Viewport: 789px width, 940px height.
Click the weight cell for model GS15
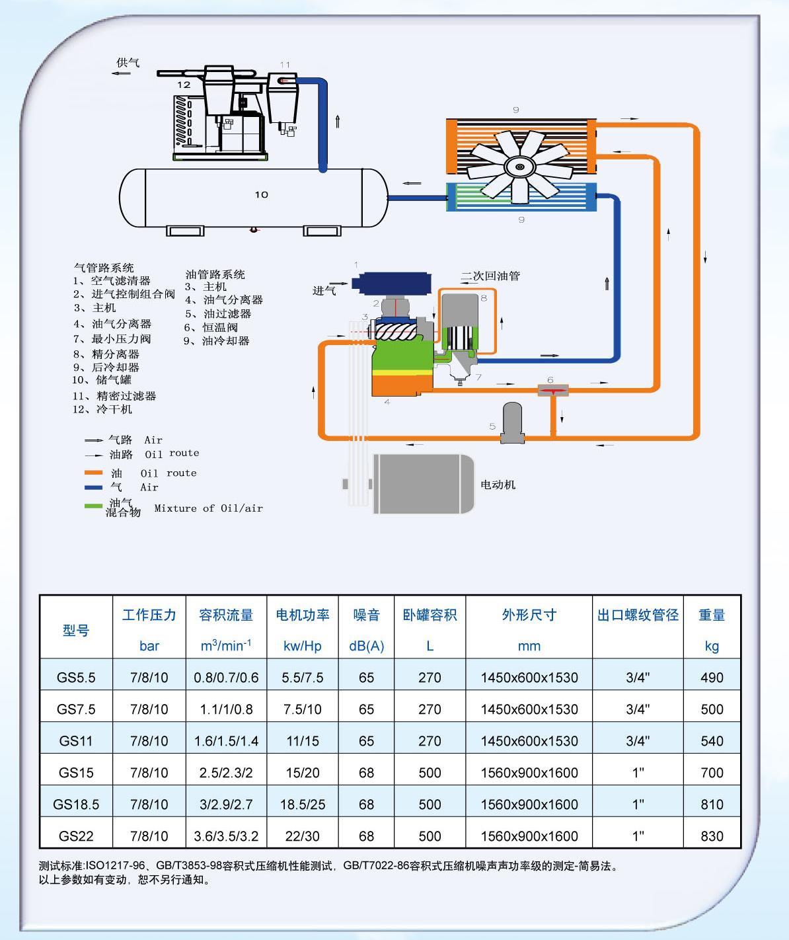tap(712, 773)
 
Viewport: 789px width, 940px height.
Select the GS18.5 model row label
tap(76, 804)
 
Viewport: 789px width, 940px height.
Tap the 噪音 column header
tap(366, 615)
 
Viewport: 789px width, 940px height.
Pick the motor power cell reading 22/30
tap(302, 836)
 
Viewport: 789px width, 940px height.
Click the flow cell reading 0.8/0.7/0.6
tap(226, 678)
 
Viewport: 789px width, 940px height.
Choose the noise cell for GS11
tap(366, 741)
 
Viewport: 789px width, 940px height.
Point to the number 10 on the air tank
tap(262, 195)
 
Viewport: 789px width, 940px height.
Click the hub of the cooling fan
tap(521, 165)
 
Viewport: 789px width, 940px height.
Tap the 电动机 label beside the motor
tap(498, 485)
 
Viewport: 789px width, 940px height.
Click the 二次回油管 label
tap(490, 276)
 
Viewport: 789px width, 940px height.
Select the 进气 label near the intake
tap(324, 291)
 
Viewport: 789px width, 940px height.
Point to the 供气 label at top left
tap(128, 63)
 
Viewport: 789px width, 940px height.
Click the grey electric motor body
tap(423, 484)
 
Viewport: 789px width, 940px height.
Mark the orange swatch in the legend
tap(93, 473)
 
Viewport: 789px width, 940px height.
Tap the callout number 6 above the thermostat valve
tap(550, 380)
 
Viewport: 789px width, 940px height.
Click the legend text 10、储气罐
tap(102, 380)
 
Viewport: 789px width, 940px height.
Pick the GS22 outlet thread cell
tap(638, 836)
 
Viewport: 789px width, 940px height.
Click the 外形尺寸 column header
tap(529, 615)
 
